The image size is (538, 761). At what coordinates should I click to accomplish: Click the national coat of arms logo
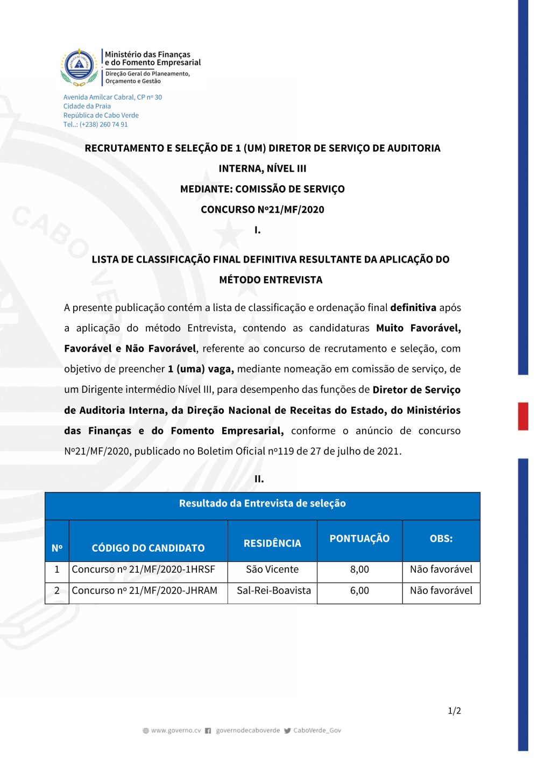(x=79, y=67)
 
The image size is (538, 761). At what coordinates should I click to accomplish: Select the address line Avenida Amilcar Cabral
(x=112, y=97)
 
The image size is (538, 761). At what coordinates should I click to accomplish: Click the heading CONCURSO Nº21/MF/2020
(x=263, y=209)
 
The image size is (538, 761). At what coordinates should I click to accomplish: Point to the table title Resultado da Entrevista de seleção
(x=262, y=503)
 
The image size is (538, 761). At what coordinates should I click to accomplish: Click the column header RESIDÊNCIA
(x=272, y=543)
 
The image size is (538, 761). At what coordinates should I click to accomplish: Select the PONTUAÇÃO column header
(x=359, y=538)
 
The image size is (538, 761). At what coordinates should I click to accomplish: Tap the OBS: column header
(x=441, y=538)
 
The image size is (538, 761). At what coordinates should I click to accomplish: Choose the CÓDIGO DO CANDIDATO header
(x=148, y=548)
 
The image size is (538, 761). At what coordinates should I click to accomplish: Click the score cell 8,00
(x=359, y=569)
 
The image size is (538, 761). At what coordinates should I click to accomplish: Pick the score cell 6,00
(x=359, y=590)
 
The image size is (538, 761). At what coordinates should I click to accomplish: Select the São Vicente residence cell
(x=272, y=569)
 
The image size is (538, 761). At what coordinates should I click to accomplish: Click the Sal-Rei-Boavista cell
(x=274, y=590)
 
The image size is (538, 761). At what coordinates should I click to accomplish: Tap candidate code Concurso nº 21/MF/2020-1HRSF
(x=144, y=569)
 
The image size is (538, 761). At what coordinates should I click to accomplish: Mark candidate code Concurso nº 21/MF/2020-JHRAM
(x=145, y=590)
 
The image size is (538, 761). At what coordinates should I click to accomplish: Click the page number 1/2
(x=455, y=711)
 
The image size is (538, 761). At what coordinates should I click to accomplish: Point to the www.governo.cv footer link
(x=175, y=730)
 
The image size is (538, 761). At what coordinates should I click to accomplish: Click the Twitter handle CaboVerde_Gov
(x=317, y=730)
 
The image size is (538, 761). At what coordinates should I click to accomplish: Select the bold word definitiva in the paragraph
(x=413, y=308)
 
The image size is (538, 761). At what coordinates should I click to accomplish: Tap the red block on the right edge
(x=523, y=416)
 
